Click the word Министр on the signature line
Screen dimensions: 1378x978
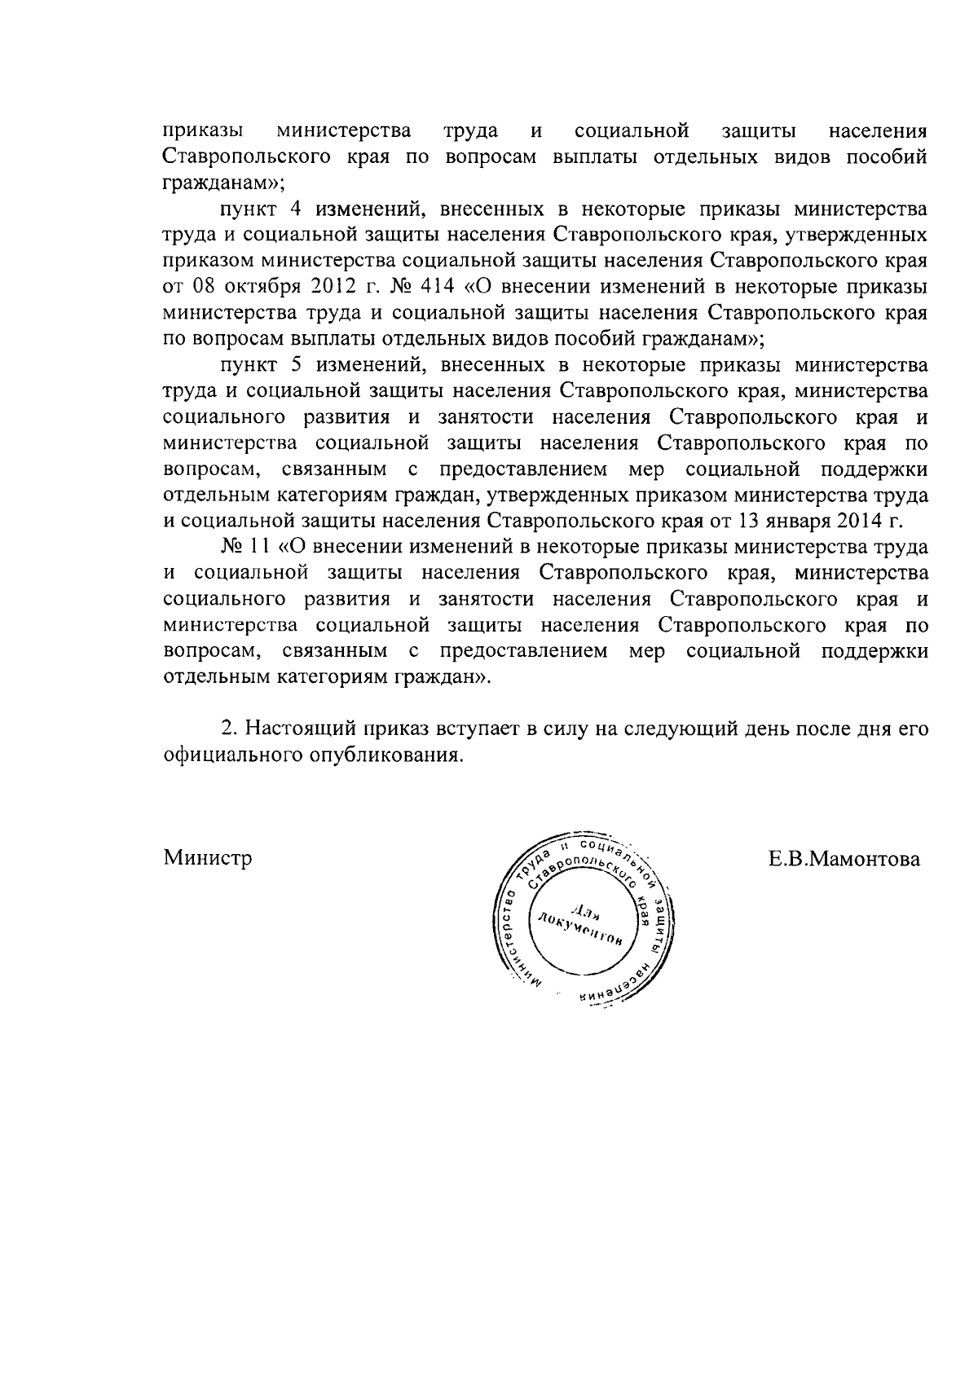tap(208, 858)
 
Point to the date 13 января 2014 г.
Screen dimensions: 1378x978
tap(823, 520)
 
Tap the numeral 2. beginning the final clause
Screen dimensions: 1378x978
tap(229, 729)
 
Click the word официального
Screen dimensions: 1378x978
tap(231, 755)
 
